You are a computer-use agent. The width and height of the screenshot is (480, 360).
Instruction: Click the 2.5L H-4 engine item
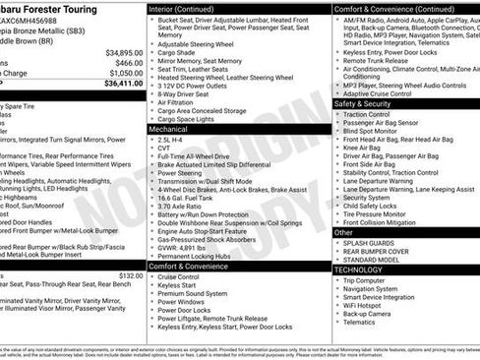[x=178, y=140]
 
